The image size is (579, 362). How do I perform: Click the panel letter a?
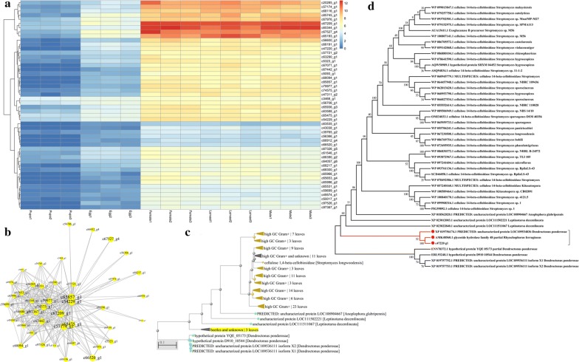point(4,4)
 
